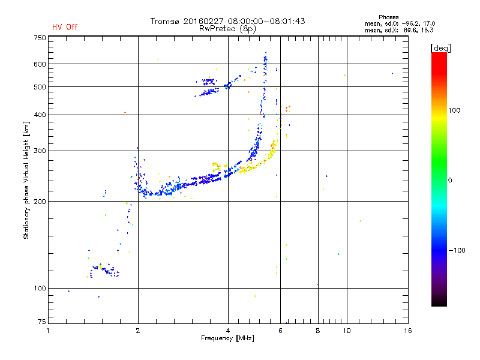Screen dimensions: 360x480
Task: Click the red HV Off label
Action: coord(65,27)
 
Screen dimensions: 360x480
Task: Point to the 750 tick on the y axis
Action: coord(40,38)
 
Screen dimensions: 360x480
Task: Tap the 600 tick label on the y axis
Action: coord(40,64)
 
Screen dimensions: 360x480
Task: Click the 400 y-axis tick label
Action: coord(40,115)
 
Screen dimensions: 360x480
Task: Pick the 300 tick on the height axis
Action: coord(40,151)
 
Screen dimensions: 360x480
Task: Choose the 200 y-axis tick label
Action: coord(40,201)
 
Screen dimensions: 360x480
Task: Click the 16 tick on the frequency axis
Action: coord(407,331)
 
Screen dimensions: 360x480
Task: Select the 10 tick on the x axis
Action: coord(346,331)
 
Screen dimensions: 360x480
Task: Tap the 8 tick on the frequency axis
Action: coord(318,331)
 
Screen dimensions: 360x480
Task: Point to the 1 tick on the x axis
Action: coord(49,331)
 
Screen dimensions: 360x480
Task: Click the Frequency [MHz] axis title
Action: coord(227,338)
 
